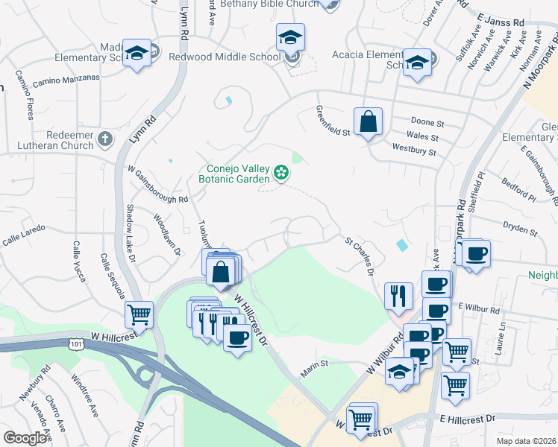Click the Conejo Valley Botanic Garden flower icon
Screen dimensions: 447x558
point(281,173)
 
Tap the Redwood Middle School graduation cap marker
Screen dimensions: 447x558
point(291,37)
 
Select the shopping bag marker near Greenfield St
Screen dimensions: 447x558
point(369,121)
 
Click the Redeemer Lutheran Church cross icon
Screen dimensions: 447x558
point(105,139)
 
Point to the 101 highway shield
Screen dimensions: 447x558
point(75,343)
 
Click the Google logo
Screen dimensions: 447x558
point(25,438)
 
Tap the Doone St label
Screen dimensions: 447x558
point(427,121)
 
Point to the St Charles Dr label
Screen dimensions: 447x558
point(360,256)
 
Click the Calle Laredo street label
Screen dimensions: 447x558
point(24,231)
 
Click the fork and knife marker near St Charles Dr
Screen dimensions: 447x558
point(398,297)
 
